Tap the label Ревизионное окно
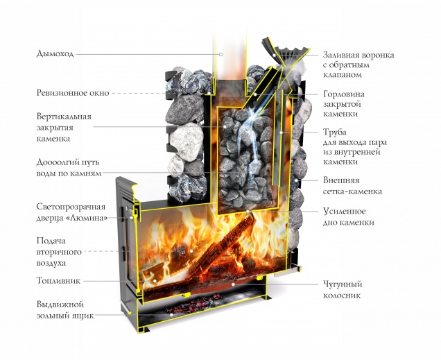(x=62, y=92)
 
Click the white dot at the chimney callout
(x=220, y=53)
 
